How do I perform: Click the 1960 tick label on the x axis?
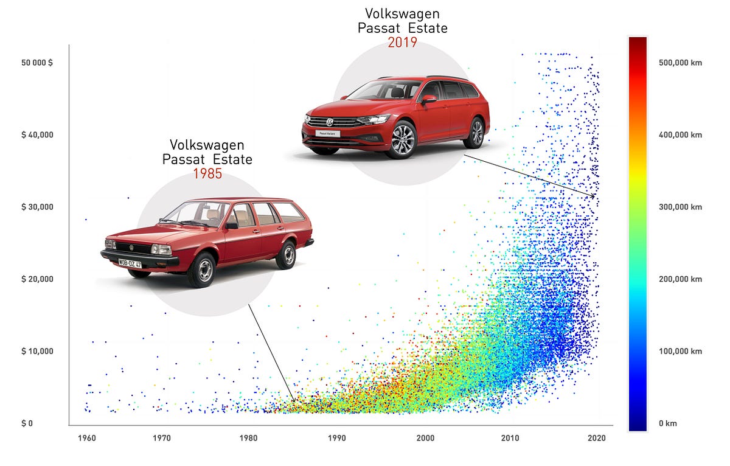pyautogui.click(x=87, y=437)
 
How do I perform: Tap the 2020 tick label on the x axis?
pyautogui.click(x=596, y=437)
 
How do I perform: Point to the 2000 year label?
pyautogui.click(x=426, y=437)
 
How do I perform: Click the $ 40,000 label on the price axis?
pyautogui.click(x=38, y=134)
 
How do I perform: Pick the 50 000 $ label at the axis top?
pyautogui.click(x=38, y=63)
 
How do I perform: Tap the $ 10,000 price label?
pyautogui.click(x=38, y=351)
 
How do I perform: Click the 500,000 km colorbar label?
pyautogui.click(x=681, y=63)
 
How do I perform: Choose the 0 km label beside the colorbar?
pyautogui.click(x=667, y=423)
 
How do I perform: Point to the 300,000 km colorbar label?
pyautogui.click(x=681, y=207)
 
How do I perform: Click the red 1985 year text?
pyautogui.click(x=207, y=173)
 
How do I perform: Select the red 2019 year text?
pyautogui.click(x=402, y=43)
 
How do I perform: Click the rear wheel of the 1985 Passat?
pyautogui.click(x=285, y=255)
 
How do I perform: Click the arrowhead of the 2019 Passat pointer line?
pyautogui.click(x=595, y=195)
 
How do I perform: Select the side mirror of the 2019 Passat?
pyautogui.click(x=429, y=99)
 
